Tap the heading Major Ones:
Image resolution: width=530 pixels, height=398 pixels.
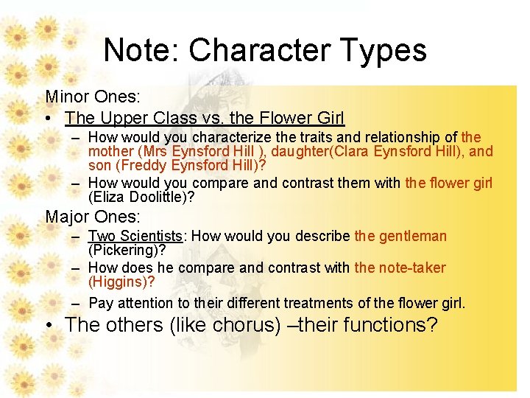(92, 217)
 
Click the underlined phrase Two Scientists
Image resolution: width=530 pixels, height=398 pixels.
(135, 236)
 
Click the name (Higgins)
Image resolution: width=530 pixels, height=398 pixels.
(121, 282)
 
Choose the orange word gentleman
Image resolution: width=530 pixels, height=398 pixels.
(412, 236)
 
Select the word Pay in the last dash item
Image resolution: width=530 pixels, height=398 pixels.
(99, 303)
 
